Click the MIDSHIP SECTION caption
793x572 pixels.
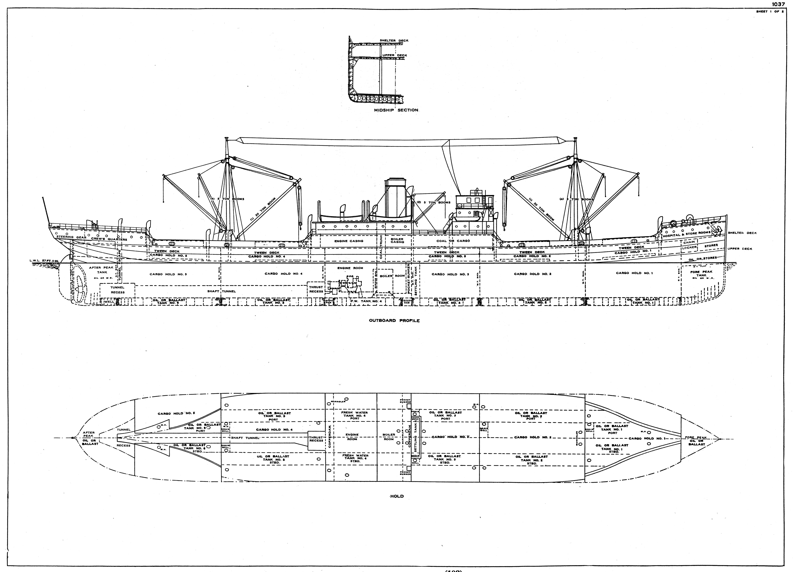(x=396, y=110)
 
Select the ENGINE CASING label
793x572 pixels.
(x=349, y=241)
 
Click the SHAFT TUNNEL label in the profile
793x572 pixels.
(x=221, y=291)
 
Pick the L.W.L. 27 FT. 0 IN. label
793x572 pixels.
(x=45, y=261)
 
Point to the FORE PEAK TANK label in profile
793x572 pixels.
(x=701, y=274)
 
